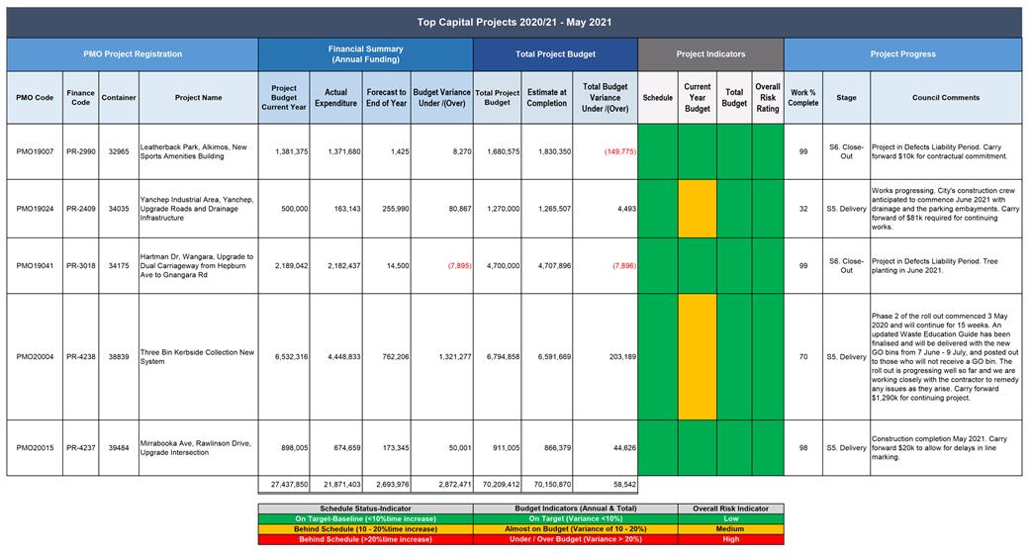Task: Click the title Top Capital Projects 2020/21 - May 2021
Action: point(515,23)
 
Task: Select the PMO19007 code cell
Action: point(35,151)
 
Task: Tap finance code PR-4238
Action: point(81,356)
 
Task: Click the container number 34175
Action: point(119,266)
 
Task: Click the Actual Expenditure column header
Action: point(336,97)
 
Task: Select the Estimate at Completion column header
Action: point(547,97)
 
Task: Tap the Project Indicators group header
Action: point(710,54)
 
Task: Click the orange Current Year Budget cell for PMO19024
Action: point(697,209)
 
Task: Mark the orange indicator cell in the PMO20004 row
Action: point(697,356)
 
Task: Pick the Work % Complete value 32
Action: point(803,209)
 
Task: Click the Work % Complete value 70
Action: point(803,356)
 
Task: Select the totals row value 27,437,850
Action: point(289,484)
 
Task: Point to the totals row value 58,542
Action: point(623,484)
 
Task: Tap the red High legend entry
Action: point(730,539)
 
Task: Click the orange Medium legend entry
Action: point(730,528)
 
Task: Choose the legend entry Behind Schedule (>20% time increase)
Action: point(365,539)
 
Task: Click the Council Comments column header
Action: point(946,97)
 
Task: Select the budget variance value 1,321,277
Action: point(454,356)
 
